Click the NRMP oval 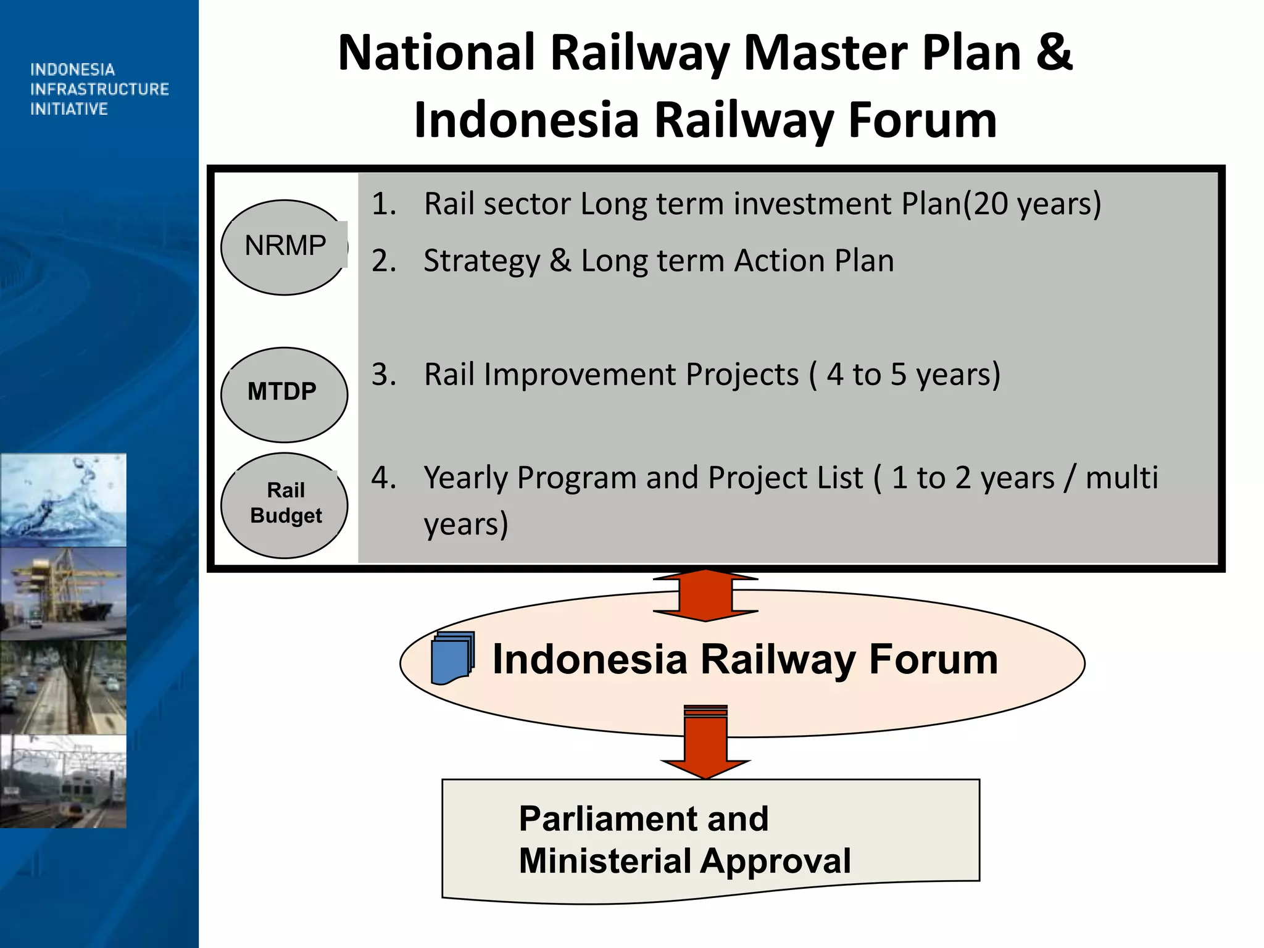284,247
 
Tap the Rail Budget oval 284,505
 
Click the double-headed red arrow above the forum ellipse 705,595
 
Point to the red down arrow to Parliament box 705,744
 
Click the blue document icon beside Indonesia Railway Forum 452,658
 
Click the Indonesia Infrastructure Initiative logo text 99,89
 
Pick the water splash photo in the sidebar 63,500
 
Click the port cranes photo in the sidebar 63,594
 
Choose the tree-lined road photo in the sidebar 63,688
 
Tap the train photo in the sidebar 63,781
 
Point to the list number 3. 383,375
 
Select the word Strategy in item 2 481,261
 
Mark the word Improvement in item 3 641,375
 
